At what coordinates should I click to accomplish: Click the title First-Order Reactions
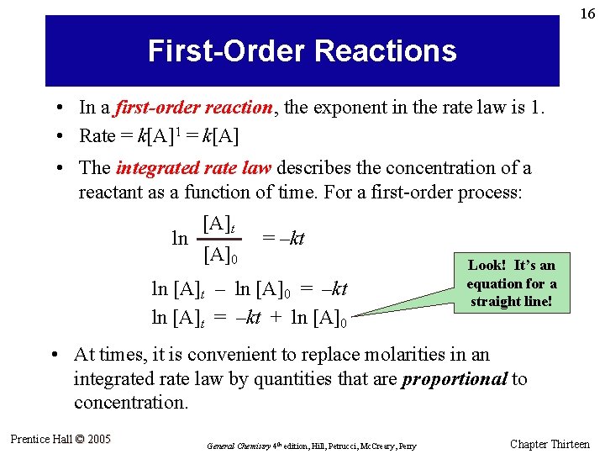(302, 51)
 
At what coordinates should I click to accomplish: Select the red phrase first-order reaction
(193, 108)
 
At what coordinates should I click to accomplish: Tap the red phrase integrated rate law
(194, 168)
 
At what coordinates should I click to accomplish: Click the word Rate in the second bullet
(97, 135)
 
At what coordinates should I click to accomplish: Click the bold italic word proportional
(455, 379)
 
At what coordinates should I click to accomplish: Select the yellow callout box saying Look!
(511, 282)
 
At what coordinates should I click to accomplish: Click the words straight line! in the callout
(511, 301)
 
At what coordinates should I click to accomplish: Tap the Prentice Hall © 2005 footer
(60, 439)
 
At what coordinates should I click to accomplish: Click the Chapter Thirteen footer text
(550, 444)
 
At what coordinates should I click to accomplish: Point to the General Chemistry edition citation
(311, 445)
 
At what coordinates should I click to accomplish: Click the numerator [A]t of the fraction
(218, 224)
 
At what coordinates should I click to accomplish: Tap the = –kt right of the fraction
(283, 239)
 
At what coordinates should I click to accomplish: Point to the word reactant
(110, 193)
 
